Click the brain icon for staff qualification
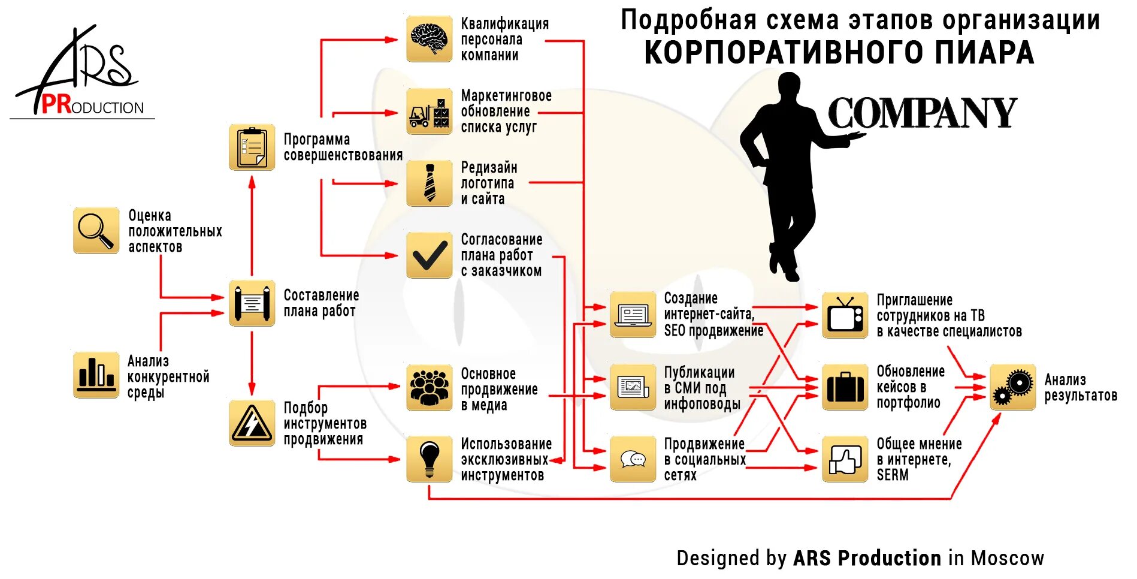pos(429,39)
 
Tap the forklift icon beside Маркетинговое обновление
pos(429,111)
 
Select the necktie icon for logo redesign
pos(429,183)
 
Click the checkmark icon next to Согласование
pos(429,255)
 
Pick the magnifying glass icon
pos(96,231)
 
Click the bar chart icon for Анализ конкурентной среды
pos(96,375)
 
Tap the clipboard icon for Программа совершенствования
pos(252,147)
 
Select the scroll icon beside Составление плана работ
pos(252,303)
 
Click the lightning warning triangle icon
pos(252,423)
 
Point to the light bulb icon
pos(429,459)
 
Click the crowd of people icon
pos(429,387)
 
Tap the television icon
pos(845,315)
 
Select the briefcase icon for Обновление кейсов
pos(845,387)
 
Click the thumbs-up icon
pos(845,459)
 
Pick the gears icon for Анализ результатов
pos(1012,387)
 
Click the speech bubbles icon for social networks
pos(633,459)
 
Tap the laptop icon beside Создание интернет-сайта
pos(633,315)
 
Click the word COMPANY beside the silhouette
pos(922,113)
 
